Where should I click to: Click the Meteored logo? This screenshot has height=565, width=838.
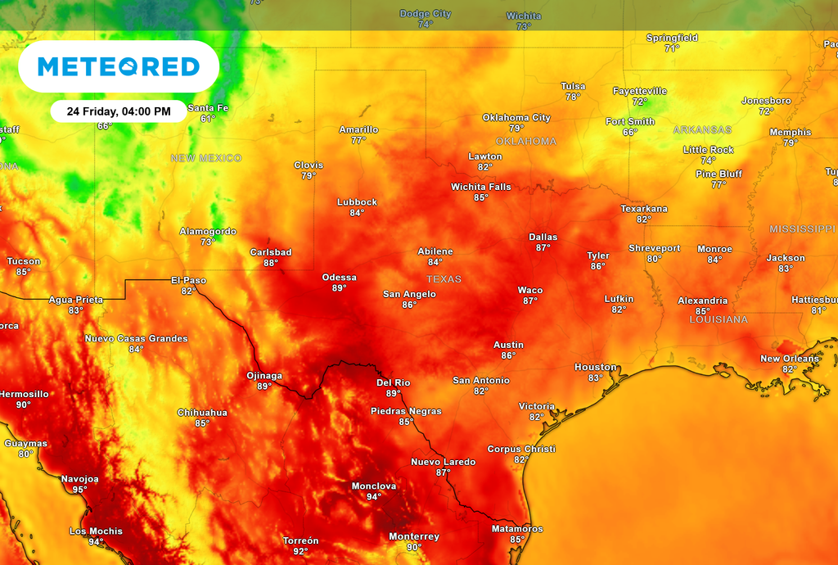(118, 66)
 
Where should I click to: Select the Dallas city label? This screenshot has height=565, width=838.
(543, 237)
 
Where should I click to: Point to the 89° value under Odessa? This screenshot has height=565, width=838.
(339, 288)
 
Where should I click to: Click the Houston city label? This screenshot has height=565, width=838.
(595, 367)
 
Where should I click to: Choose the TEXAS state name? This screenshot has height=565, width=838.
(444, 279)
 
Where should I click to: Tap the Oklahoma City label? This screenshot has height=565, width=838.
(516, 117)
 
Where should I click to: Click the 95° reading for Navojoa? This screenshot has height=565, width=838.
(79, 490)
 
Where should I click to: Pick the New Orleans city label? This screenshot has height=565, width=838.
(789, 359)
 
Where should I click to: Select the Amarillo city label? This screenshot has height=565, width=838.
(358, 129)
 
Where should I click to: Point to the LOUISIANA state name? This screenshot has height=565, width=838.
(719, 319)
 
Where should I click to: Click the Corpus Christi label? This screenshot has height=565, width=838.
(521, 449)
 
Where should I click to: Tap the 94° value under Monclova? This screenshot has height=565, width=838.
(373, 497)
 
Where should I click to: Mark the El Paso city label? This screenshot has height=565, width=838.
(188, 280)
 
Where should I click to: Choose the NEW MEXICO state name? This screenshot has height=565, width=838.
(206, 158)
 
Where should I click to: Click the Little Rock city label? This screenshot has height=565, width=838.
(709, 150)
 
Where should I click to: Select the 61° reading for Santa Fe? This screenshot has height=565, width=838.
(208, 119)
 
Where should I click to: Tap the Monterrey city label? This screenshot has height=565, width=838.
(414, 536)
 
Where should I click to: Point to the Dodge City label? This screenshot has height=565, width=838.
(425, 14)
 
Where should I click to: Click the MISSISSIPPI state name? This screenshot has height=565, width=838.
(803, 229)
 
